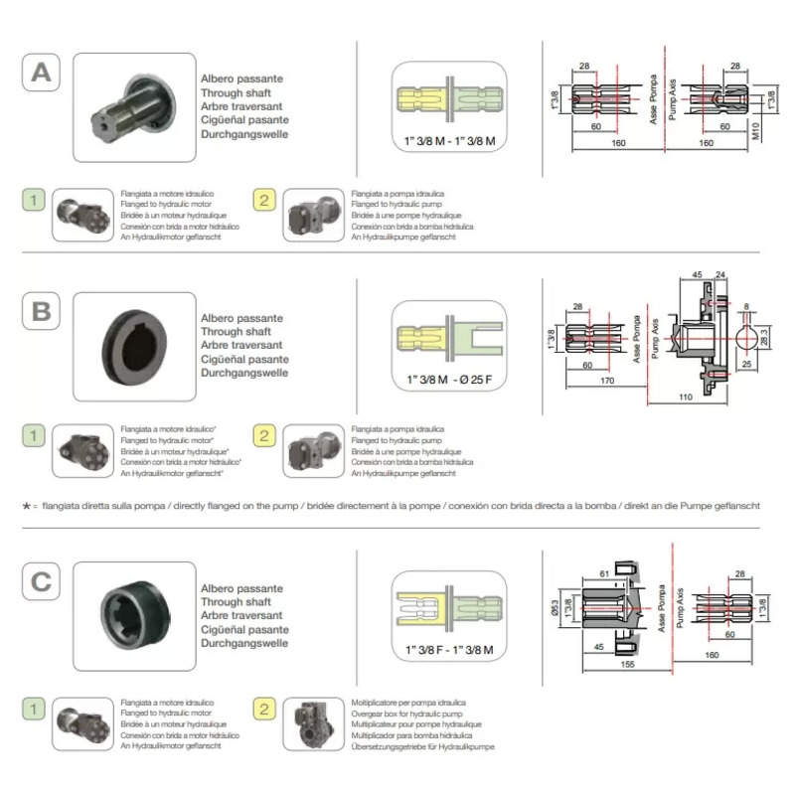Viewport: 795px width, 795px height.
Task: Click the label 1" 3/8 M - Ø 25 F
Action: pos(448,380)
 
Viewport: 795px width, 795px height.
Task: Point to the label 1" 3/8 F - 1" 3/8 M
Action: pos(449,649)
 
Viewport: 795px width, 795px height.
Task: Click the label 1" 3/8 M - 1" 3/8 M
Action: pos(449,142)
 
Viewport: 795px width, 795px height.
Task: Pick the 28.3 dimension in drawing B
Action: pos(763,338)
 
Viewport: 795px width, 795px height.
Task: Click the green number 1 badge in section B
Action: pos(34,436)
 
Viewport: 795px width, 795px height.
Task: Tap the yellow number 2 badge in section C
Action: pos(264,710)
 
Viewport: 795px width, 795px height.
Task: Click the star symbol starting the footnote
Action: pos(27,505)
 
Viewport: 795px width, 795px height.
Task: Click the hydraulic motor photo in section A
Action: pos(81,213)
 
